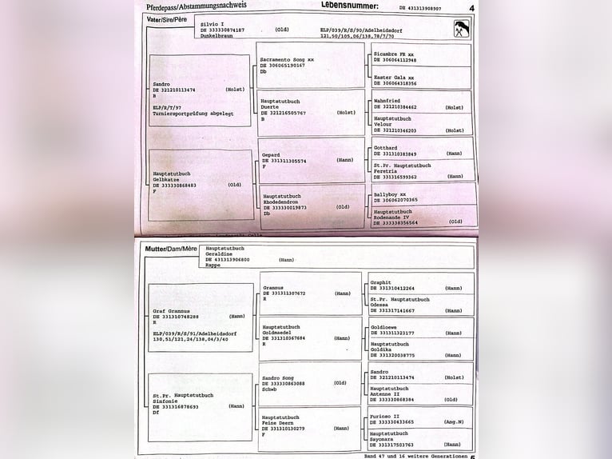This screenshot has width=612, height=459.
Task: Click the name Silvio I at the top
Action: tap(212, 24)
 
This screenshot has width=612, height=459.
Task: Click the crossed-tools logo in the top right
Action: tap(461, 30)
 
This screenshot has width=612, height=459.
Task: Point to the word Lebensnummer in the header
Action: tap(350, 5)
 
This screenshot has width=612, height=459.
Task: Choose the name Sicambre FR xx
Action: tap(394, 54)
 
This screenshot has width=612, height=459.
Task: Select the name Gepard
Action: tap(271, 154)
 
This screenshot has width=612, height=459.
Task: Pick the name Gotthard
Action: tap(386, 148)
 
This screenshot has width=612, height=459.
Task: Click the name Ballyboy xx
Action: tap(390, 194)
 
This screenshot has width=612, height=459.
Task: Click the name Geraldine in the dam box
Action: tap(220, 254)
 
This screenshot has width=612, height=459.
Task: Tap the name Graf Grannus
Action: tap(171, 310)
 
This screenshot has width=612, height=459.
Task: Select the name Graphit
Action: tap(381, 282)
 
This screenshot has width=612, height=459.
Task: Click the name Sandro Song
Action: tap(278, 377)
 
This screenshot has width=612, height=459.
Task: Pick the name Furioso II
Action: tap(386, 416)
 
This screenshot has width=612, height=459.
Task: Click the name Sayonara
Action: tap(385, 439)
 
